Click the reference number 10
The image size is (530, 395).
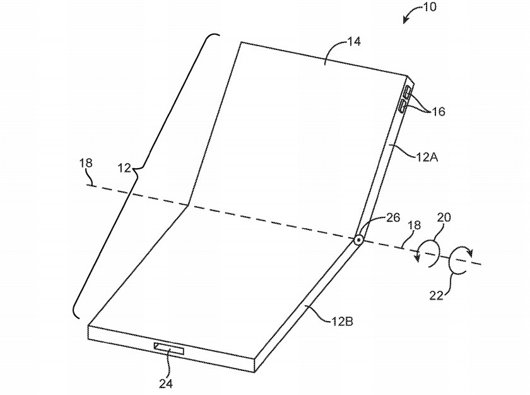(x=430, y=7)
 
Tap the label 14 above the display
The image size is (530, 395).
(x=354, y=41)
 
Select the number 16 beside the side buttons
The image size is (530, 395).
(x=438, y=111)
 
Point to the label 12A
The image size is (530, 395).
(x=427, y=157)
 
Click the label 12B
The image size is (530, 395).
(x=342, y=321)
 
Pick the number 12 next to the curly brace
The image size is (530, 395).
(x=124, y=167)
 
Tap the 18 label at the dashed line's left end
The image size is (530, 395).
(x=86, y=163)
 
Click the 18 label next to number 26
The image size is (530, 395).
(x=415, y=225)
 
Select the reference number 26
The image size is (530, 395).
(x=393, y=217)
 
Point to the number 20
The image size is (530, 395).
(x=444, y=217)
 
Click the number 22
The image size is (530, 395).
(x=437, y=296)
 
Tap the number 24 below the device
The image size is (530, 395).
(x=166, y=384)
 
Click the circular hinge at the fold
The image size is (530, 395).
(x=358, y=241)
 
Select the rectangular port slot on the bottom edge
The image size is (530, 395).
(x=169, y=348)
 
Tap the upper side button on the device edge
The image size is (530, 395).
(x=406, y=93)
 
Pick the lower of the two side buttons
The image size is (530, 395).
(x=403, y=106)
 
